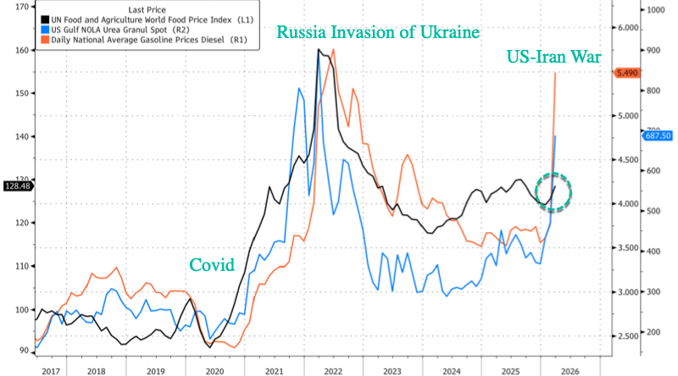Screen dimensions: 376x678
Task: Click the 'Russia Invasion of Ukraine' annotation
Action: click(379, 33)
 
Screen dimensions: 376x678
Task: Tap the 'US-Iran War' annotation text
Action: click(553, 58)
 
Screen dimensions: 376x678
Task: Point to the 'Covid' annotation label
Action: click(212, 264)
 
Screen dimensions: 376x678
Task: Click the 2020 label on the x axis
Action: click(214, 370)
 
